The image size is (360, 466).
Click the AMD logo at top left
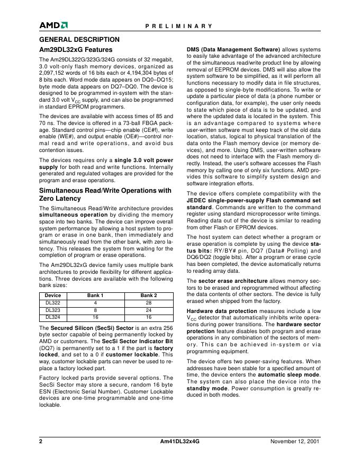click(53, 25)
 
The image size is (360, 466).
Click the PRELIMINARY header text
click(179, 25)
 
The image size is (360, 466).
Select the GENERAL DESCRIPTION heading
click(79, 39)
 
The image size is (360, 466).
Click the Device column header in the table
click(53, 295)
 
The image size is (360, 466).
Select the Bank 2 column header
click(148, 295)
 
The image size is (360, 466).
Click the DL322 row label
click(53, 302)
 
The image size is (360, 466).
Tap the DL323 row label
click(53, 310)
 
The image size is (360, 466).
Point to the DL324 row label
click(53, 317)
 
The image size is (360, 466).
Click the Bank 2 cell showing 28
click(148, 302)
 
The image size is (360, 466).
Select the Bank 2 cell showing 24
click(148, 310)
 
